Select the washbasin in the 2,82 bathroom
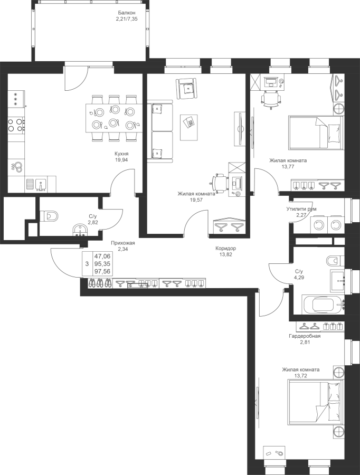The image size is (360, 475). coord(80,230)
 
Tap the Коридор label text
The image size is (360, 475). coord(225,248)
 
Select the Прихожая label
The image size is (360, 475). coord(122,243)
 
